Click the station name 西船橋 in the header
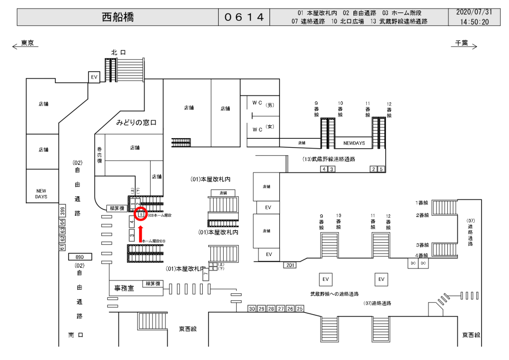118,18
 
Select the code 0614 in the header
244,18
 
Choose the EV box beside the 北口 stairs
94,77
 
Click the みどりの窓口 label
136,122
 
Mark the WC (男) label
263,105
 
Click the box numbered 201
290,265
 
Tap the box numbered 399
62,211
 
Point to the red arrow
141,233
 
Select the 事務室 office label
124,288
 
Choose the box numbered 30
252,309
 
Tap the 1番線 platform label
422,203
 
